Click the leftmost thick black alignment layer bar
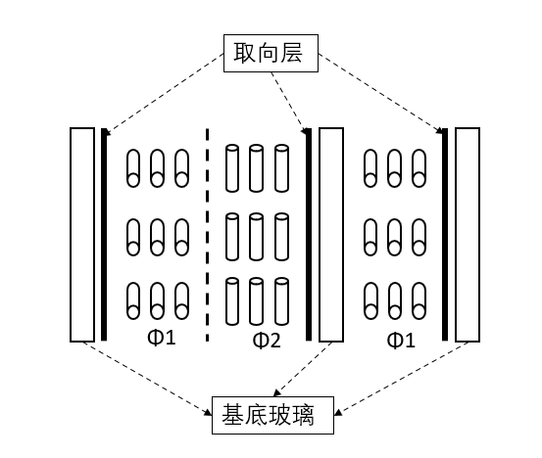[x=104, y=235]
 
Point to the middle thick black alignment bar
[x=309, y=235]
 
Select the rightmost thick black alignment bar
[x=445, y=235]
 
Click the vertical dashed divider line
[x=207, y=235]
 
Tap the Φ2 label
[x=267, y=341]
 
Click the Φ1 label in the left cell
[x=162, y=338]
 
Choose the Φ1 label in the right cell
[x=401, y=341]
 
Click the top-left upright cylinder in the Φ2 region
[x=232, y=168]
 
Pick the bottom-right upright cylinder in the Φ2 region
[x=281, y=301]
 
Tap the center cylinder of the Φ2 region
[x=256, y=237]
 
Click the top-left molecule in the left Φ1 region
[x=133, y=168]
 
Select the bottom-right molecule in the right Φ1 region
[x=419, y=301]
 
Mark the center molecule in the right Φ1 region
[x=394, y=237]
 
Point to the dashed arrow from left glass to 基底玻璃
[x=147, y=379]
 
